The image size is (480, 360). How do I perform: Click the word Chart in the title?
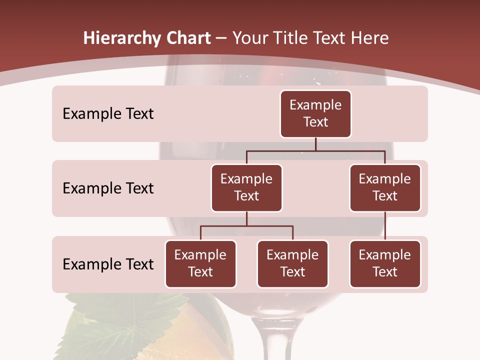188,38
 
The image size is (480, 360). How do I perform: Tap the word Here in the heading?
370,38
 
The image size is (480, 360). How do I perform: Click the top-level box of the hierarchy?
315,114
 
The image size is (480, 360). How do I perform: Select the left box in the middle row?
246,188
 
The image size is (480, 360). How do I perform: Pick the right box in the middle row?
385,188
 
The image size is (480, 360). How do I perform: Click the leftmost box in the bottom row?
200,264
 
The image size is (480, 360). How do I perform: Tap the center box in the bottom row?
292,264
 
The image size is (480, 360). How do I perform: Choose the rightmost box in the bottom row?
385,264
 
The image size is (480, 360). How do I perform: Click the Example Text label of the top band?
108,114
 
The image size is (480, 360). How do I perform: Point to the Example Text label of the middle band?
108,188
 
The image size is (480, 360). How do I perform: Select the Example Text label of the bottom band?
108,264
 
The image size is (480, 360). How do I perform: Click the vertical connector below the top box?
315,144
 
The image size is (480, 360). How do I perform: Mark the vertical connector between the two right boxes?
385,226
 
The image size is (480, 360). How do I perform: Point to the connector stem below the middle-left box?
246,218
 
